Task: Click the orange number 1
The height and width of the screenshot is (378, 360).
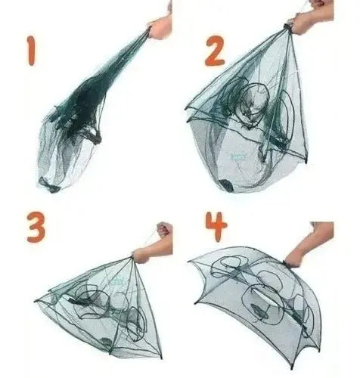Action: point(31,51)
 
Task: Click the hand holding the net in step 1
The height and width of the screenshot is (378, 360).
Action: point(160,26)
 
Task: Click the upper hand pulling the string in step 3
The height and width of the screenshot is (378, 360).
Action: point(164,229)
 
